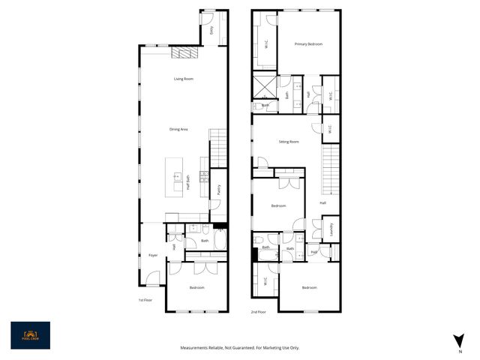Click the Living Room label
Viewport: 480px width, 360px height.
click(184, 79)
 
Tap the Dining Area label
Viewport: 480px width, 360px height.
click(178, 130)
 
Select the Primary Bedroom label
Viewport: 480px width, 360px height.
click(308, 44)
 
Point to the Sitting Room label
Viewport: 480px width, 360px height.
click(289, 142)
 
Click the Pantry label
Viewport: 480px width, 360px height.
click(218, 190)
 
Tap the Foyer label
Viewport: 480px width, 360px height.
click(152, 255)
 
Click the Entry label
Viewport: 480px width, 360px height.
click(211, 30)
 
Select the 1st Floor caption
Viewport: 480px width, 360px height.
click(145, 300)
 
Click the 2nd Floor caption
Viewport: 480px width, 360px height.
click(259, 310)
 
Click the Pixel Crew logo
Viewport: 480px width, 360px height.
click(30, 335)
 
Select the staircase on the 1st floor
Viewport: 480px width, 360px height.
click(217, 147)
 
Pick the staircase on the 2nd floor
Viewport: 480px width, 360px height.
click(330, 168)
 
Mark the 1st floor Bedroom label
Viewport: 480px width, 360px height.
click(196, 287)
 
